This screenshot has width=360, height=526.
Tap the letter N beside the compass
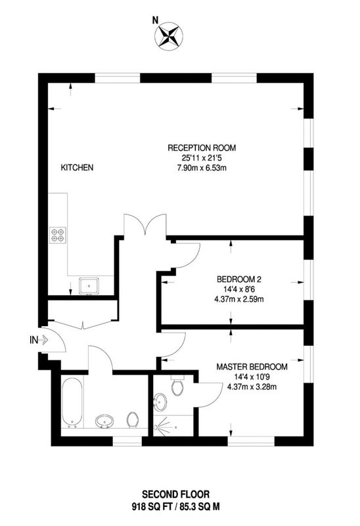point(155,20)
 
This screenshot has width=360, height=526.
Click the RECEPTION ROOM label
point(202,147)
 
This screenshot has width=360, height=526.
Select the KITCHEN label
point(77,168)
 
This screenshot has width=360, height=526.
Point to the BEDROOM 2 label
point(239,279)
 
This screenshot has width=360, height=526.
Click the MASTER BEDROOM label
point(252,367)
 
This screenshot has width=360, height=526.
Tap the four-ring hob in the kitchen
point(58,235)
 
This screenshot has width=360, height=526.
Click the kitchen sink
point(89,286)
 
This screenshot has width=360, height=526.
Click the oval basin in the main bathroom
point(104,421)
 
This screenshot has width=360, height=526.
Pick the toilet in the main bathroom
point(133,419)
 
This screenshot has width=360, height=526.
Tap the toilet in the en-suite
point(177,385)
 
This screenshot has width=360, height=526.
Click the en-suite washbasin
point(160,402)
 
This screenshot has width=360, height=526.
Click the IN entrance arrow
point(43,340)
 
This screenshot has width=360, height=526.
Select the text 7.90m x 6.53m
point(202,168)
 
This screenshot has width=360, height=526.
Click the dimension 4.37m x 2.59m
point(239,299)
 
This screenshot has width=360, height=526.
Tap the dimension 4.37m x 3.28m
point(252,387)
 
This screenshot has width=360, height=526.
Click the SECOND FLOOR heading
point(176,494)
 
